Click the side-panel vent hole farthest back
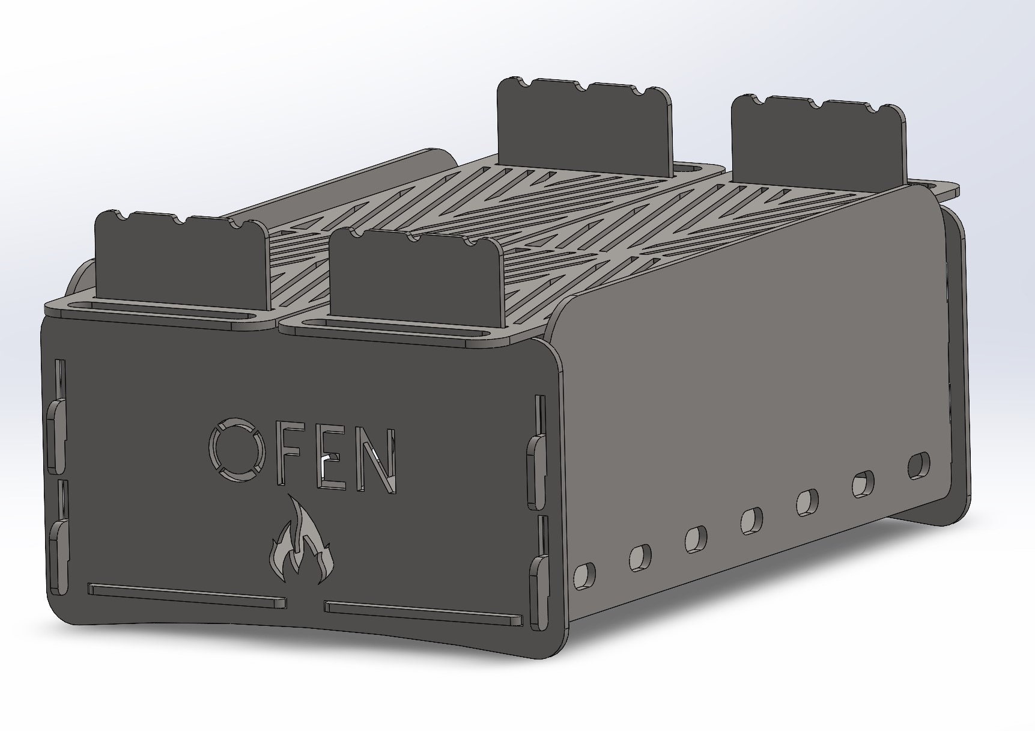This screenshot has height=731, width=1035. pyautogui.click(x=918, y=465)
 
